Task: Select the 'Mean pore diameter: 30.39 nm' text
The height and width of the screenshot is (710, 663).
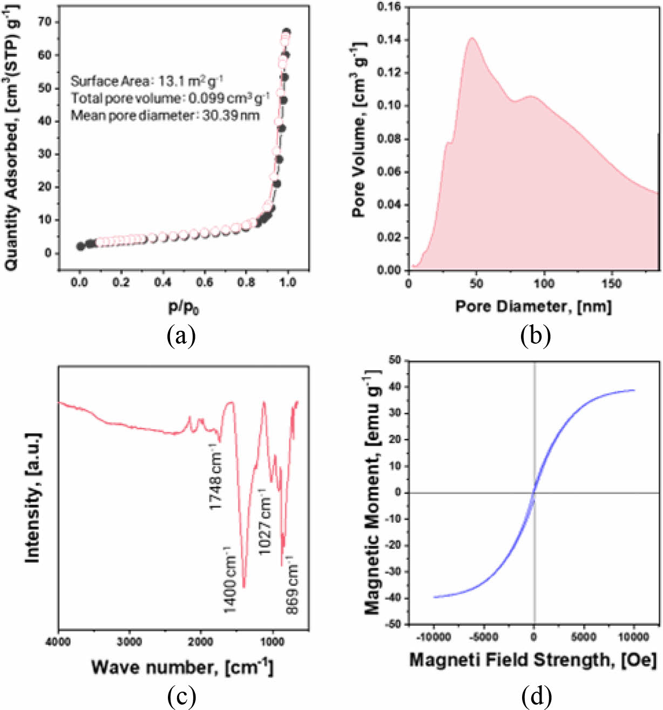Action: [165, 115]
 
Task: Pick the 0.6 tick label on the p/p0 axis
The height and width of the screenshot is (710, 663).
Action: [205, 282]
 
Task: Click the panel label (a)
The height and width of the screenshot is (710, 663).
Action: [181, 337]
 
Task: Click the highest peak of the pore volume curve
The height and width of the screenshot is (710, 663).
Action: [472, 38]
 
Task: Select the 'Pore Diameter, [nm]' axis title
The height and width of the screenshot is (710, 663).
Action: [533, 306]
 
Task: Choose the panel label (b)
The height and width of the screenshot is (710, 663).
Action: [535, 337]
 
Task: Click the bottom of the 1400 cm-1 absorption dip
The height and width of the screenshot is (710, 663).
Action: [244, 587]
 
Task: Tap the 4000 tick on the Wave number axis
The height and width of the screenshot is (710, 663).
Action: [59, 641]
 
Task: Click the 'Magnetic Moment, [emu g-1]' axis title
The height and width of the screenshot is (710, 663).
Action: [372, 492]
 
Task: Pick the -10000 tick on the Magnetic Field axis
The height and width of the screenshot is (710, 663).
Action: [434, 637]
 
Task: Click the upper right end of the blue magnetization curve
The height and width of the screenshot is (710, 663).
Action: [634, 390]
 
